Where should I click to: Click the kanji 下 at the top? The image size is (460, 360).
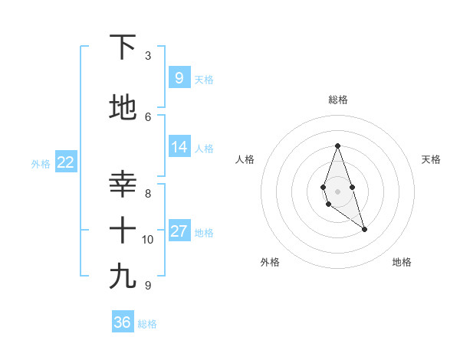123,47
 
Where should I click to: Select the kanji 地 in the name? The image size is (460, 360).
123,108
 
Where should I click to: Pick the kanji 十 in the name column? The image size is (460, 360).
123,230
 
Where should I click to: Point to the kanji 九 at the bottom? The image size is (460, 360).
123,277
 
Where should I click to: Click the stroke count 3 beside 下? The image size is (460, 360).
148,56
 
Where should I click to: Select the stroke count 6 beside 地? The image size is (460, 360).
148,116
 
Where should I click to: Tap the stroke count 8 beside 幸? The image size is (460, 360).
148,193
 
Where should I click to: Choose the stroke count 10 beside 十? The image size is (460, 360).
148,240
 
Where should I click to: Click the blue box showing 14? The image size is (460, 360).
179,148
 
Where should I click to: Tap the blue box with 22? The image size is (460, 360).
65,162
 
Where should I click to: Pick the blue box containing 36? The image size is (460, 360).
123,322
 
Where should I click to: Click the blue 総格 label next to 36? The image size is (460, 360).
147,324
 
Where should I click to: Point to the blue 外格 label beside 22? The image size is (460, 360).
41,163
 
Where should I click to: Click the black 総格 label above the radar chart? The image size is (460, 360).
337,100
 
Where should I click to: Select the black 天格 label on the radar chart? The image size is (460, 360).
431,159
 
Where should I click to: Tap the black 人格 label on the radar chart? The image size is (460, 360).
245,159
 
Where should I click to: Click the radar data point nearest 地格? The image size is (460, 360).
364,229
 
